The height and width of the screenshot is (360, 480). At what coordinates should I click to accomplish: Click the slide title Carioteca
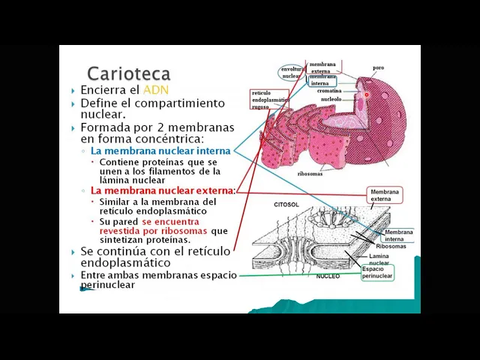tap(128, 73)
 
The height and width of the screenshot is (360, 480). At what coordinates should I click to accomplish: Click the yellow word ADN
tap(156, 90)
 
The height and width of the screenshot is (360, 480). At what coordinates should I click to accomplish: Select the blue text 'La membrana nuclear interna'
tap(160, 151)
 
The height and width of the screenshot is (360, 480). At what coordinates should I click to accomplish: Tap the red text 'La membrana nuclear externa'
tap(163, 190)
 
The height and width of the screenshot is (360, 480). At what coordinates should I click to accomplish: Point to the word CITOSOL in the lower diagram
tap(286, 204)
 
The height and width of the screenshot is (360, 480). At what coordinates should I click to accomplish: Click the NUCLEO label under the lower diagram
tap(328, 276)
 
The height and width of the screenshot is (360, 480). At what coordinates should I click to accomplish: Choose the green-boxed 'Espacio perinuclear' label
tap(377, 272)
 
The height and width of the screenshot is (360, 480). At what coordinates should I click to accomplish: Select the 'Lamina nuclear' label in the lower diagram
tap(379, 259)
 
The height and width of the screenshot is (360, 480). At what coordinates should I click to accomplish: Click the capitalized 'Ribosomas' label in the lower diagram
tap(391, 246)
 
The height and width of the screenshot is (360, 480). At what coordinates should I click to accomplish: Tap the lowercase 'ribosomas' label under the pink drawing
tap(310, 174)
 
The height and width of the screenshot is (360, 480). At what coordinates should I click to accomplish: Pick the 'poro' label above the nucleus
tap(379, 67)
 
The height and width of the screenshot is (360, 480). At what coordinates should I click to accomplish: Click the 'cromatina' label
tap(329, 91)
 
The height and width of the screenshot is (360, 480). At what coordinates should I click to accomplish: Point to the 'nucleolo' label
tap(331, 99)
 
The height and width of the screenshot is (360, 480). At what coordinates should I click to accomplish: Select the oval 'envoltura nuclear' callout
tap(292, 73)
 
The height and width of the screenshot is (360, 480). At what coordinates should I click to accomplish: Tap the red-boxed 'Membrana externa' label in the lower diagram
tap(385, 196)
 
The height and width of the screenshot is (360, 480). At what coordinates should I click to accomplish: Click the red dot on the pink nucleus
tap(367, 94)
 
